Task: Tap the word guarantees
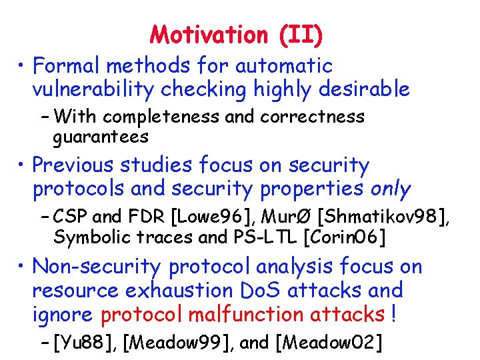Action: pos(101,137)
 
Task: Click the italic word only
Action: pos(391,189)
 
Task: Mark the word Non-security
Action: pos(97,267)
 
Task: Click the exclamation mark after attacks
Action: pos(395,314)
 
